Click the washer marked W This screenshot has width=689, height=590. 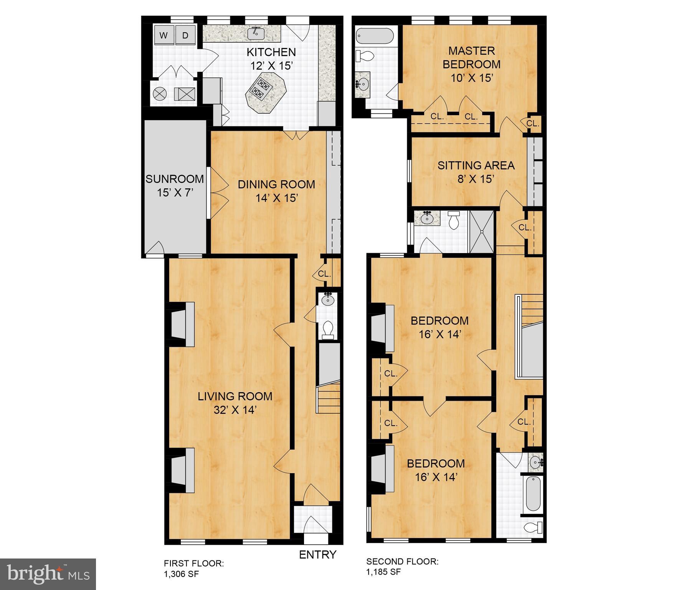click(x=164, y=36)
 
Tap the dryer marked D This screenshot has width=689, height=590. click(x=185, y=36)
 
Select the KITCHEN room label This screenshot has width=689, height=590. click(x=271, y=52)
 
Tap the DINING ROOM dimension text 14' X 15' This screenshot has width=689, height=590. click(x=277, y=198)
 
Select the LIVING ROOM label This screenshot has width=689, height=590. click(x=235, y=396)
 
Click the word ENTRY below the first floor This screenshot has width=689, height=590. click(x=317, y=555)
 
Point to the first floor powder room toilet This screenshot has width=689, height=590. click(x=328, y=330)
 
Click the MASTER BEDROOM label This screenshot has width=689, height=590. click(x=471, y=57)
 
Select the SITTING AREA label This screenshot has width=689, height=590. click(x=476, y=166)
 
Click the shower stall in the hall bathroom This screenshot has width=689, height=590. click(x=482, y=232)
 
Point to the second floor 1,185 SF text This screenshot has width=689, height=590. click(x=383, y=572)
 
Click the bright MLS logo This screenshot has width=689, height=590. click(x=48, y=574)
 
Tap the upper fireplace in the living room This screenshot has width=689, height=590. click(x=182, y=321)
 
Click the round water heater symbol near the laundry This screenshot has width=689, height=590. click(x=159, y=93)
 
